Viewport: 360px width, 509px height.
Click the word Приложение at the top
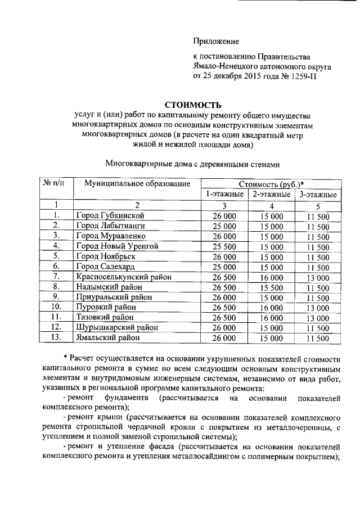(x=216, y=41)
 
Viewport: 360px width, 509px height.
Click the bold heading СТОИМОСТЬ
(x=193, y=105)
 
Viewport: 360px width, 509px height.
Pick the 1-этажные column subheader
(x=224, y=195)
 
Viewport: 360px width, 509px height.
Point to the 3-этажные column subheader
(x=318, y=195)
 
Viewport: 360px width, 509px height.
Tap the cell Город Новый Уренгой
(x=117, y=246)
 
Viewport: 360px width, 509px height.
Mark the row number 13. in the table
(x=56, y=338)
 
